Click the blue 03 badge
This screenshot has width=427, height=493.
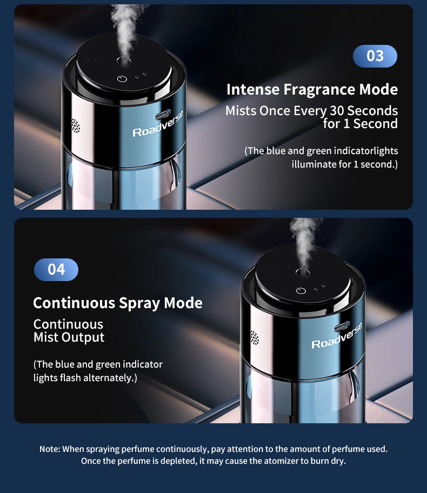[375, 56]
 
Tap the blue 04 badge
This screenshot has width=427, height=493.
[56, 269]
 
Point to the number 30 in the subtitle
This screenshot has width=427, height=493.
[337, 111]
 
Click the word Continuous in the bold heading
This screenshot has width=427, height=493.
[74, 303]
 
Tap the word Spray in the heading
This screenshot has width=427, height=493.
[139, 304]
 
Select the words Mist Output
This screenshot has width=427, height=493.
[69, 337]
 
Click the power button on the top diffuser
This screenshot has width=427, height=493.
[122, 78]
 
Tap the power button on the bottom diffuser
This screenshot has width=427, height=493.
[301, 290]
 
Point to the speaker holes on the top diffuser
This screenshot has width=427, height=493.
[76, 126]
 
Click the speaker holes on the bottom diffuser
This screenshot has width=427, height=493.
[255, 337]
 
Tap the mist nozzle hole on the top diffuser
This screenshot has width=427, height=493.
[124, 61]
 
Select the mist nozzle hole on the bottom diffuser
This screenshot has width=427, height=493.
[303, 272]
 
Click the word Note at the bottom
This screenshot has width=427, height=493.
[49, 449]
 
